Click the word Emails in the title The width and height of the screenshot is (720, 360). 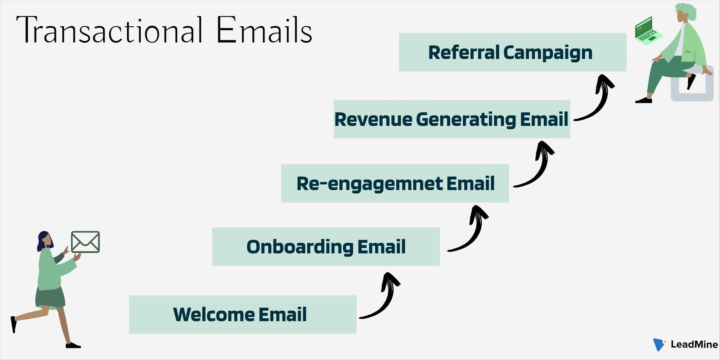click(x=264, y=30)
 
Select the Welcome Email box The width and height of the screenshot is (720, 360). click(x=243, y=314)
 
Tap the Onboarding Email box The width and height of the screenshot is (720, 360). click(x=326, y=247)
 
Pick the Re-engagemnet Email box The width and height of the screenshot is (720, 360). click(x=395, y=183)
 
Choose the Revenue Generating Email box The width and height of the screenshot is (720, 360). click(x=452, y=119)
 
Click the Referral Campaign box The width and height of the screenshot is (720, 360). click(x=513, y=52)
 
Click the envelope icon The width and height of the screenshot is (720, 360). click(x=85, y=242)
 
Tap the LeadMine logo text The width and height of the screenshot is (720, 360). click(x=694, y=345)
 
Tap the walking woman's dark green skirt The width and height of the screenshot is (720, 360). click(x=50, y=297)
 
